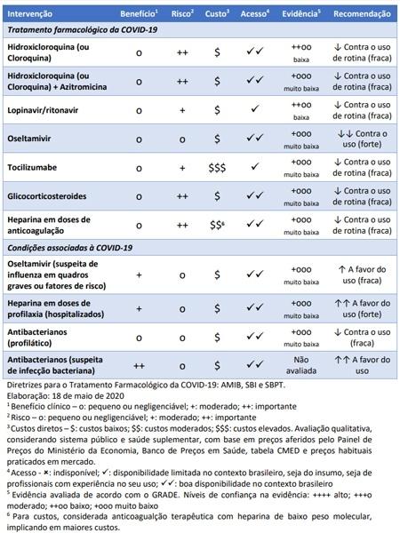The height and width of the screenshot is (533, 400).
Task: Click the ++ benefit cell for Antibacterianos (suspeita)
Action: point(140,364)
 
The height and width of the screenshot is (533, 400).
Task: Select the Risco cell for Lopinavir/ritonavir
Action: point(182,110)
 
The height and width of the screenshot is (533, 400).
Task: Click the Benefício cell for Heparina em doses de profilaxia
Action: point(140,307)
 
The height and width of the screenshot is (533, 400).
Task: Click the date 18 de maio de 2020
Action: point(80,395)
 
